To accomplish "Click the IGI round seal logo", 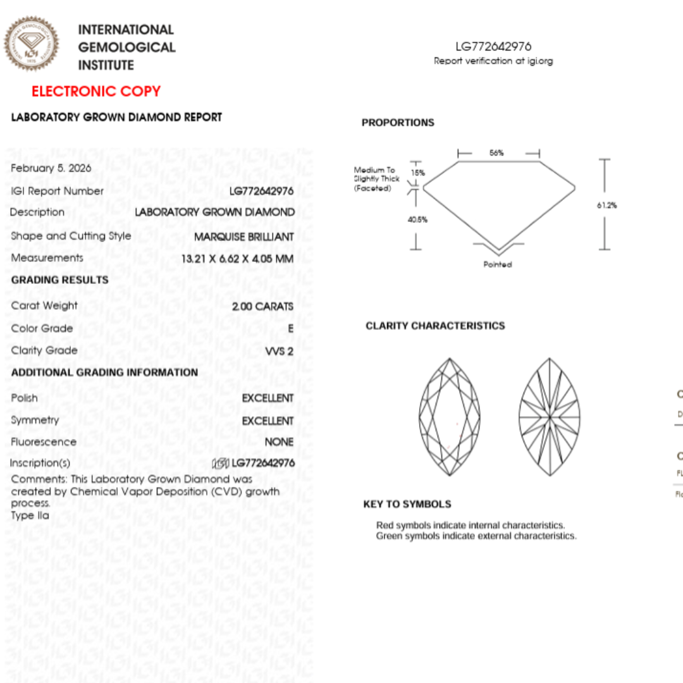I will (x=31, y=44).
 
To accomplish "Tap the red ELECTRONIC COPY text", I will (x=96, y=92).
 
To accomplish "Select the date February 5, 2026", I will (x=51, y=168).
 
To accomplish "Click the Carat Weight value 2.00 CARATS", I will (x=263, y=306).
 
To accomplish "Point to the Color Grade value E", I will (x=290, y=329).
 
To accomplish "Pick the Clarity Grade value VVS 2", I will (x=280, y=351).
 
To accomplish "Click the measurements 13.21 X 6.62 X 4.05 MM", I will (x=237, y=259).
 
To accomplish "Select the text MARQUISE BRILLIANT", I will (x=243, y=237).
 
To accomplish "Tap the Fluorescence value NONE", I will (x=279, y=442).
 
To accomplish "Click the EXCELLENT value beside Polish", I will (x=268, y=398).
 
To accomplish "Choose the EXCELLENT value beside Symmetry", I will (x=268, y=421).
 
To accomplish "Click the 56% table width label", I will (x=496, y=153).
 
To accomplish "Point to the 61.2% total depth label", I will (x=606, y=206).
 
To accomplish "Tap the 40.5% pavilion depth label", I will (x=417, y=220).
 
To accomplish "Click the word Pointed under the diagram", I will (x=498, y=264).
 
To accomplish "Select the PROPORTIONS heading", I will (x=398, y=123).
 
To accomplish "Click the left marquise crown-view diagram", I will (x=450, y=417).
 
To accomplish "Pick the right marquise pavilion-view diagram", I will (x=550, y=417).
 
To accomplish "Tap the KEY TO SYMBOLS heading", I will (x=407, y=504).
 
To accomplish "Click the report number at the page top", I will (x=493, y=46).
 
